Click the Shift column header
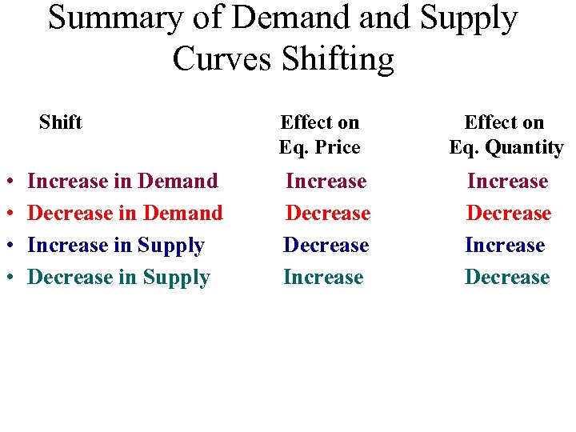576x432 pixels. (x=61, y=122)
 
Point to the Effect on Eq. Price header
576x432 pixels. (x=319, y=134)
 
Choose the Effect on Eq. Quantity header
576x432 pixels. (x=506, y=134)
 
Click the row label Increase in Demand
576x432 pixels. (x=122, y=181)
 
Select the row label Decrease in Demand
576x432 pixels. (x=125, y=213)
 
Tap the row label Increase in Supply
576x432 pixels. (x=116, y=245)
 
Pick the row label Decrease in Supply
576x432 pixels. (x=118, y=278)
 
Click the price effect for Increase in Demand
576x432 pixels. (x=326, y=181)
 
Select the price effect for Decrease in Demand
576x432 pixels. (x=328, y=213)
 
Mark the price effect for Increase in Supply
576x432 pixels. (x=326, y=245)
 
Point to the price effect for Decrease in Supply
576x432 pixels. (x=323, y=277)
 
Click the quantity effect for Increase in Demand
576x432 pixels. (x=507, y=181)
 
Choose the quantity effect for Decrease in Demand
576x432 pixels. (x=509, y=213)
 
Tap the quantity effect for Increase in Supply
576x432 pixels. (x=505, y=245)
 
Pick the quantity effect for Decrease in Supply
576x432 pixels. (x=507, y=277)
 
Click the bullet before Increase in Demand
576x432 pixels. (x=7, y=182)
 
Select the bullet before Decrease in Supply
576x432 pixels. (x=7, y=278)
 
